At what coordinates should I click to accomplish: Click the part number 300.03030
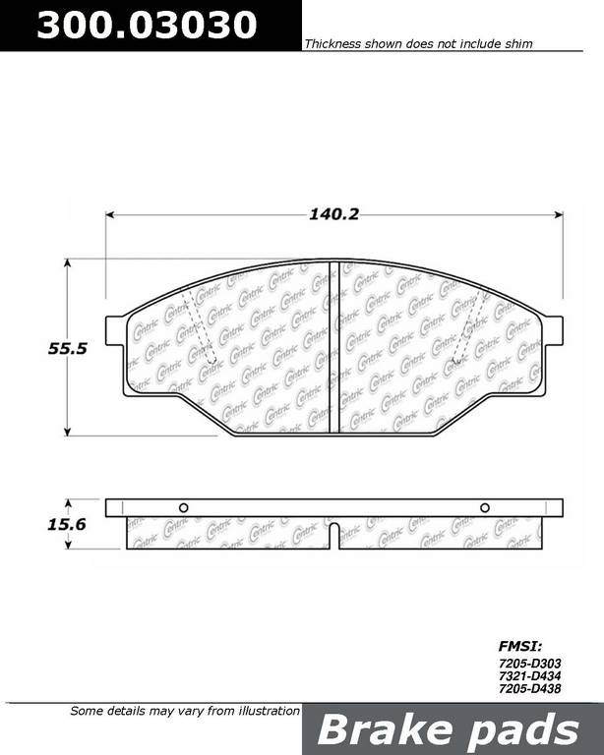[x=147, y=25]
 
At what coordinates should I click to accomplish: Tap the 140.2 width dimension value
[x=333, y=213]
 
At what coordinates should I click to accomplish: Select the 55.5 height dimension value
[x=68, y=348]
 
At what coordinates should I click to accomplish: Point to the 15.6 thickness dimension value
[x=67, y=524]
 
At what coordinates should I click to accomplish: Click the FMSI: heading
[x=520, y=646]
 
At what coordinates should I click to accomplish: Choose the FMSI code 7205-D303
[x=530, y=664]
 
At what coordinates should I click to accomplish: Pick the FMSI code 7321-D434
[x=530, y=676]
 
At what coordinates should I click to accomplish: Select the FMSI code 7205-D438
[x=530, y=688]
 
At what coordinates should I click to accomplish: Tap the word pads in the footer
[x=524, y=730]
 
